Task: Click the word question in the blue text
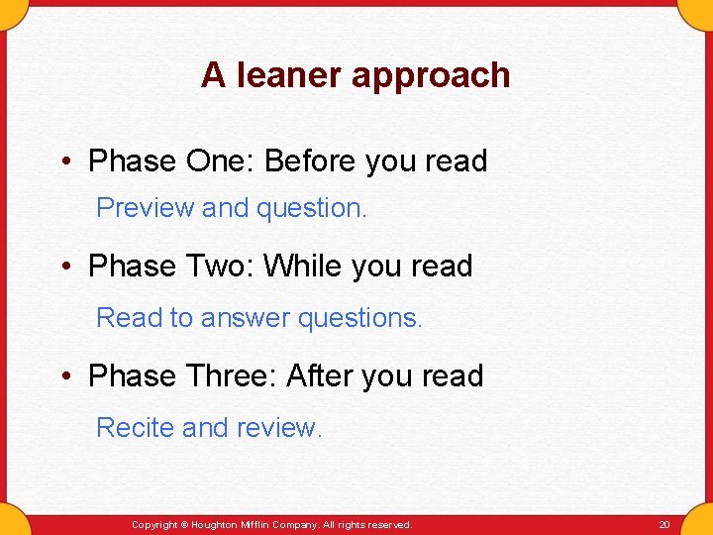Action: tap(310, 209)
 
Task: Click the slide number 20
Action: tap(663, 524)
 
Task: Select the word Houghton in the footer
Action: tap(216, 524)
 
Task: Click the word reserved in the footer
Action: tap(389, 524)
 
